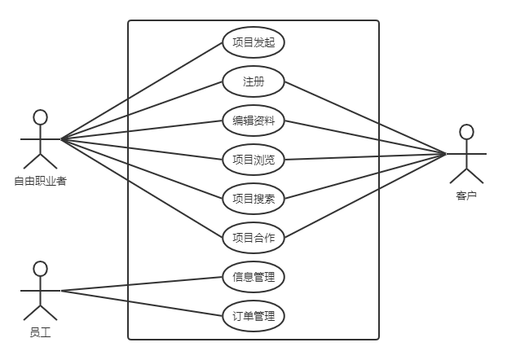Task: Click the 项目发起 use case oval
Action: click(x=253, y=42)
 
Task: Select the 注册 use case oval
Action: click(x=253, y=81)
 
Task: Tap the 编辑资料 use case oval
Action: click(x=253, y=121)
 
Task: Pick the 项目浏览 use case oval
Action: click(x=253, y=160)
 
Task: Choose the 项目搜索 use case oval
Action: click(x=253, y=199)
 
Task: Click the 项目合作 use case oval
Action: click(x=253, y=238)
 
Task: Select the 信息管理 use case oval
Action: click(x=253, y=277)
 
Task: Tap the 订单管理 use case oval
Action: click(x=253, y=316)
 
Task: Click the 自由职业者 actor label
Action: click(x=40, y=181)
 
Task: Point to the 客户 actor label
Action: click(x=466, y=195)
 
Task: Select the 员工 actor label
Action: click(x=40, y=331)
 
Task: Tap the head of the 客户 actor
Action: click(x=466, y=131)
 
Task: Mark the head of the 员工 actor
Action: click(x=40, y=268)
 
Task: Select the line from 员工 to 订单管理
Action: click(x=139, y=302)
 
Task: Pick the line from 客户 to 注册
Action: click(x=367, y=117)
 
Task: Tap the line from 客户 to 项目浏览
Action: click(x=367, y=156)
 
